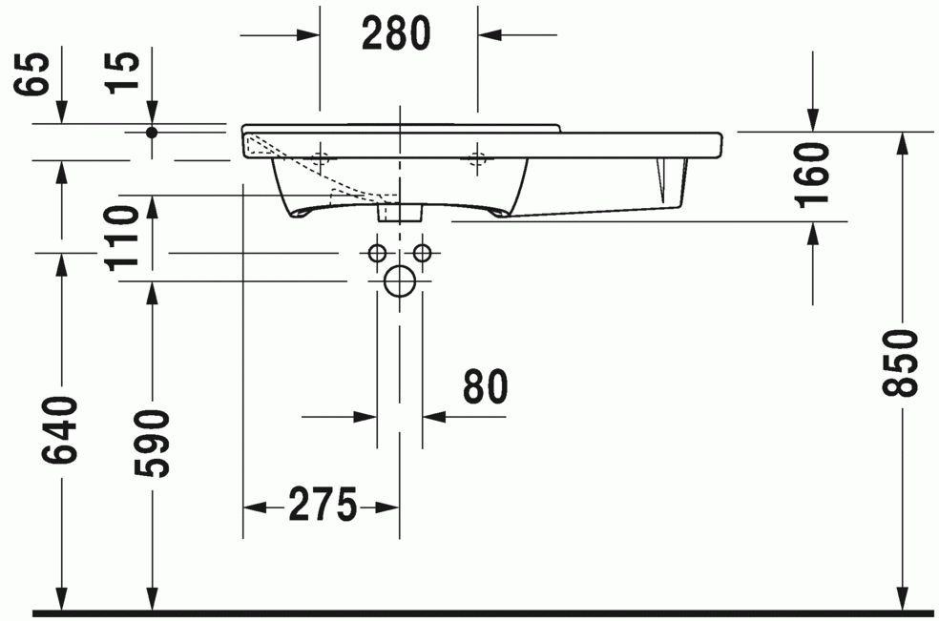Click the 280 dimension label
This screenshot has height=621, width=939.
(x=396, y=33)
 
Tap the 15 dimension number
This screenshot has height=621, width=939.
(x=122, y=73)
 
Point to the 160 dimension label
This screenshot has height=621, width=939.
(x=814, y=175)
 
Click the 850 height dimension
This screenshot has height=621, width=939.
(x=900, y=362)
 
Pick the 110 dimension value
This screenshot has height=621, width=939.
(x=123, y=238)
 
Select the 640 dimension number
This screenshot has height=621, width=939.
(x=60, y=429)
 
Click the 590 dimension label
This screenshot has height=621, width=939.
(x=152, y=444)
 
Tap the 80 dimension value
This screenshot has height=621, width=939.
(x=485, y=387)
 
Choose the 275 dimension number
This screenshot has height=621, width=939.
(x=323, y=505)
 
